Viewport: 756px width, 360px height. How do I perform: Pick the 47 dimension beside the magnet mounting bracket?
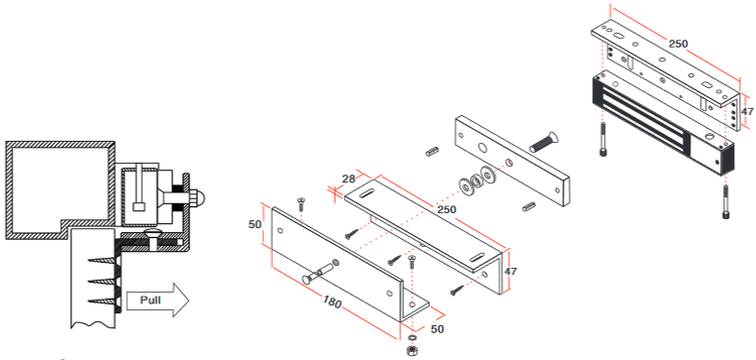[x=746, y=112]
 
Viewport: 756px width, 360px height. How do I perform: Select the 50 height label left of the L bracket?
[x=255, y=224]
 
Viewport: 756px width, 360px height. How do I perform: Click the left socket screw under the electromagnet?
[x=604, y=140]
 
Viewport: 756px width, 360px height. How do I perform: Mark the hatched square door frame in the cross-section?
[x=58, y=184]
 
